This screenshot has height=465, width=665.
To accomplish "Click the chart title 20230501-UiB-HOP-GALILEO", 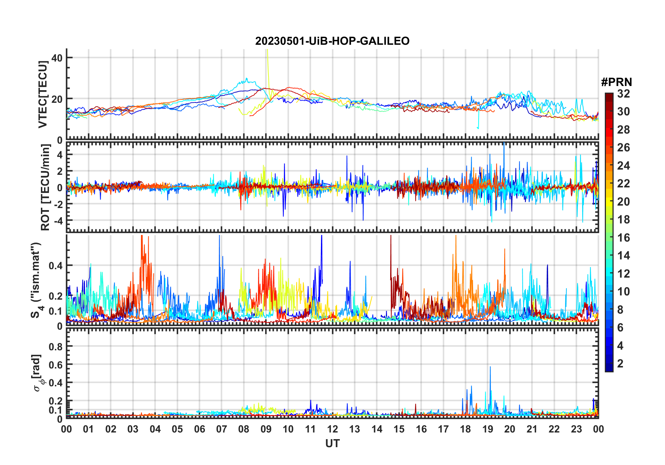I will click(332, 41).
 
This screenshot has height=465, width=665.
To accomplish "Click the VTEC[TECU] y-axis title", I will click(43, 94).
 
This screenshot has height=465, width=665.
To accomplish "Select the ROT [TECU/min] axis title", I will click(45, 187).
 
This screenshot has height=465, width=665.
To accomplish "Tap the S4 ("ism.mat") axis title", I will click(36, 280).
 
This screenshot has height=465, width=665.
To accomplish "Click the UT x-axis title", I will click(332, 444).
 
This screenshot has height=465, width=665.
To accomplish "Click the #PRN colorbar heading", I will click(616, 82).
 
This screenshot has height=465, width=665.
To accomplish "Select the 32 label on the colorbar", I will click(623, 94).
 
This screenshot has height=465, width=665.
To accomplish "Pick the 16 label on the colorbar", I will click(623, 238).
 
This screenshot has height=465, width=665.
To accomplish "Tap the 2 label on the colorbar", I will click(620, 364).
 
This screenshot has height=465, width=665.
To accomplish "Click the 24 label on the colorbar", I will click(623, 166).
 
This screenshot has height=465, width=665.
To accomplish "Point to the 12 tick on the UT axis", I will click(332, 429).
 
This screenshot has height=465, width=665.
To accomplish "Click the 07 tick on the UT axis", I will click(222, 429).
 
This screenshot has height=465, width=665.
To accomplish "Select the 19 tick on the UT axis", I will click(488, 429).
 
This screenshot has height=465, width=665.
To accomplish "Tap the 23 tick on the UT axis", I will click(576, 429).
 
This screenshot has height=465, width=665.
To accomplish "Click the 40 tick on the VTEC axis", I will click(57, 58).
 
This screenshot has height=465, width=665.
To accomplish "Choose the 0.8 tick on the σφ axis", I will click(56, 346).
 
